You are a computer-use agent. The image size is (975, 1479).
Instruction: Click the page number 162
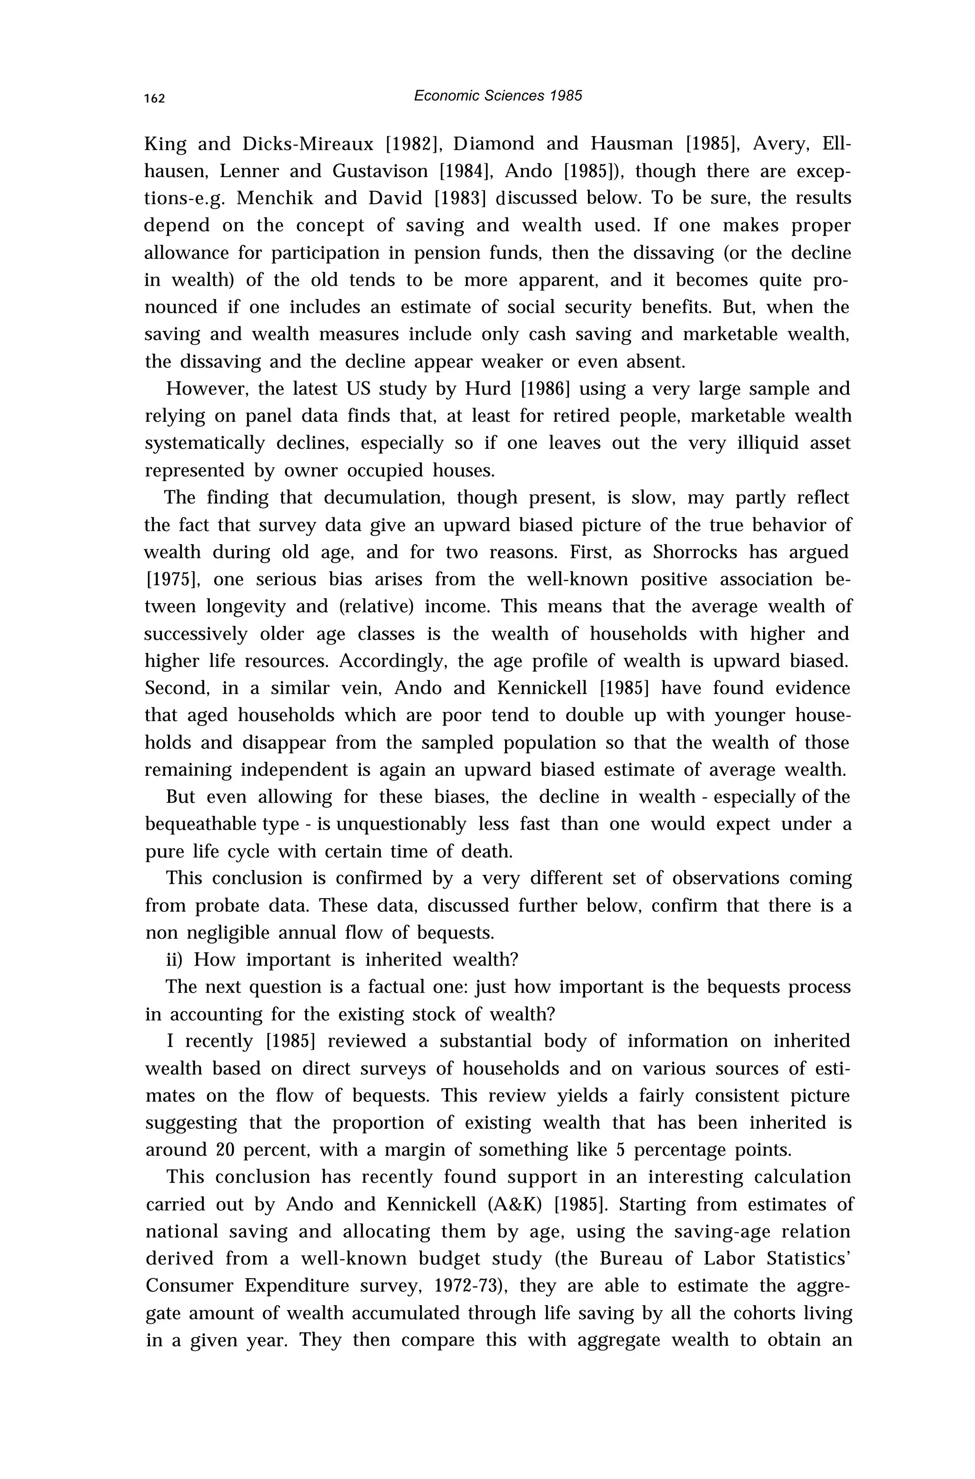pos(154,98)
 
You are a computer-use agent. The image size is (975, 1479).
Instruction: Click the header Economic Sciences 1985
pos(497,96)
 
